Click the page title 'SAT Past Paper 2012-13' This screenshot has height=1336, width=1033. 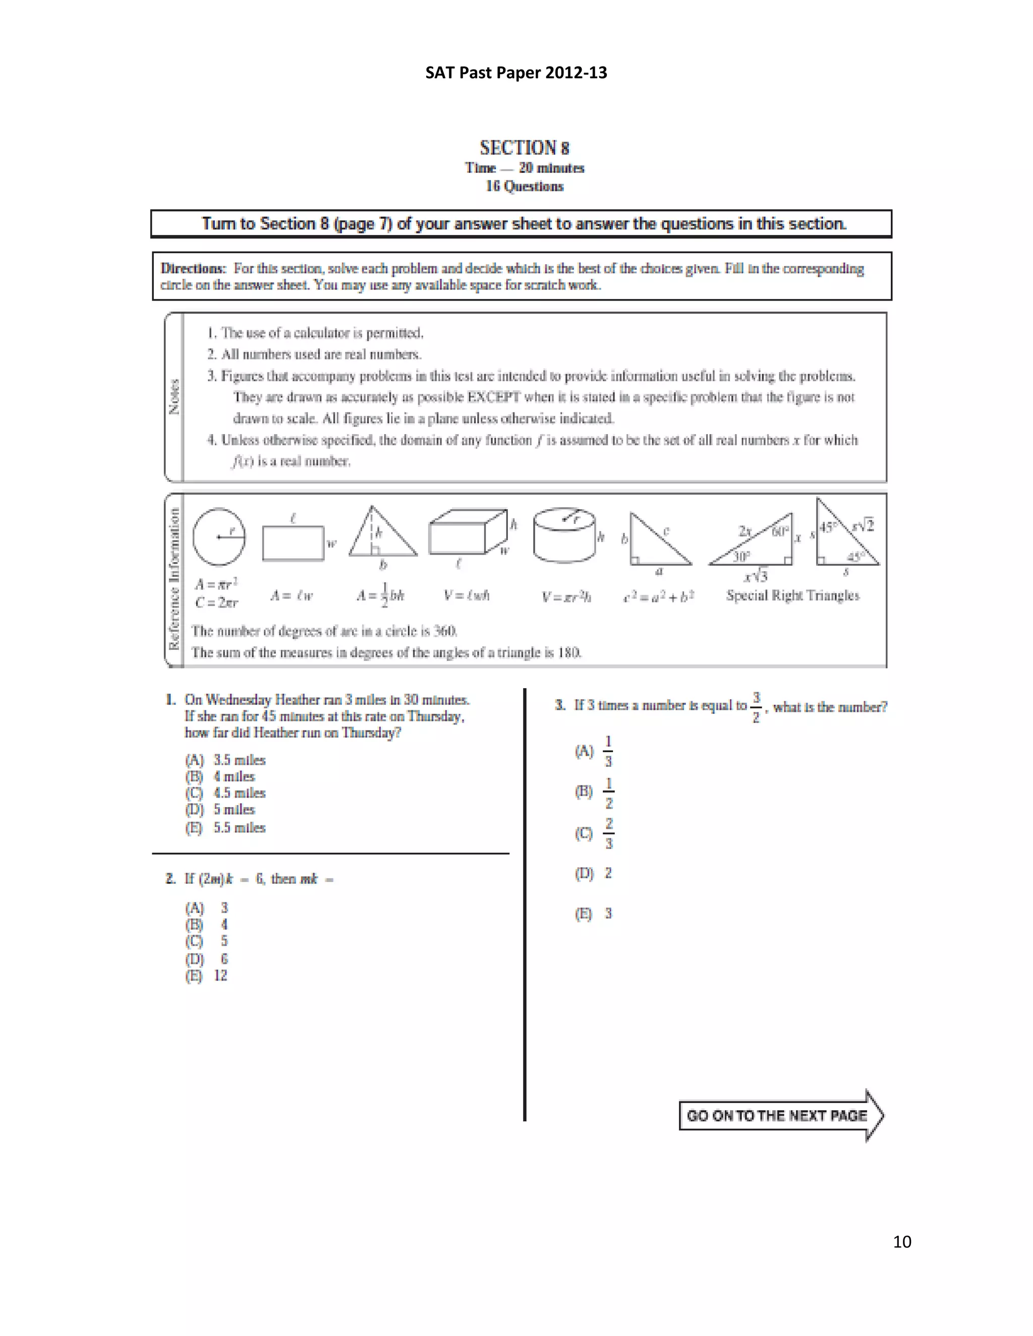[516, 73]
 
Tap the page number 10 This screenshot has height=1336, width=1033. [902, 1241]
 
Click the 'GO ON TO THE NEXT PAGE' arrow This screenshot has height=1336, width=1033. [780, 1115]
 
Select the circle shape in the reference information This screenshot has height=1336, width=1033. [218, 536]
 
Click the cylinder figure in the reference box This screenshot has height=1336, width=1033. [563, 535]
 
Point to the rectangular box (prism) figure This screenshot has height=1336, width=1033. [468, 532]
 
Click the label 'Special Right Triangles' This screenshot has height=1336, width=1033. [792, 595]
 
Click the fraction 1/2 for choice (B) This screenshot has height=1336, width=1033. [608, 793]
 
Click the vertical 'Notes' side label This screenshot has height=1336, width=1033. [175, 397]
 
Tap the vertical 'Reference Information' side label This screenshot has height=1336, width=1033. [175, 579]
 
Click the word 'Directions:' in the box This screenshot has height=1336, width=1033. [193, 269]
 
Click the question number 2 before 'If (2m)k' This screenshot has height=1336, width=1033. [170, 879]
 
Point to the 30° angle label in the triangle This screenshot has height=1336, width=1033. [741, 556]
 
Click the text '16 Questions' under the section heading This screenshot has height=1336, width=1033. [525, 186]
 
